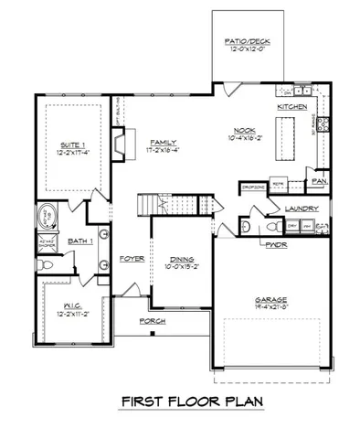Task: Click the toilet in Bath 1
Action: (49, 263)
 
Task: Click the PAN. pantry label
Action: (319, 180)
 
